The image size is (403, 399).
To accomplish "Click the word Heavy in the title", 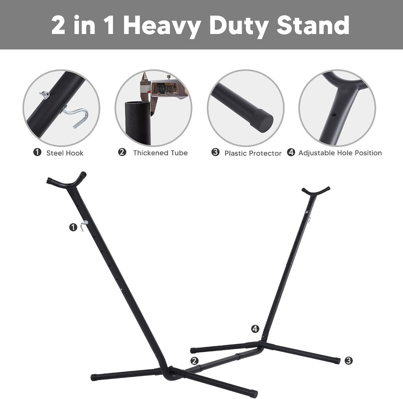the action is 162,26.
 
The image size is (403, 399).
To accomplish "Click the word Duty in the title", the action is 238,26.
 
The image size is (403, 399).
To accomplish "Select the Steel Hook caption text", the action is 65,153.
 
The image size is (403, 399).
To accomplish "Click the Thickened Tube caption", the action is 161,153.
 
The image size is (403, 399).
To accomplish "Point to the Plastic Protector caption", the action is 253,153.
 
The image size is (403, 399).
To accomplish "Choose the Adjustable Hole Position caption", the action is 340,153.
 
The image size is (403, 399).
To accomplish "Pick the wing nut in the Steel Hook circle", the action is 45,95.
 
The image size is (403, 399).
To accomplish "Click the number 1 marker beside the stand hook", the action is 73,227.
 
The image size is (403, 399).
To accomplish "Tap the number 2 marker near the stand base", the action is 194,361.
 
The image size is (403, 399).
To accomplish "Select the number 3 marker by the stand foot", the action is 349,360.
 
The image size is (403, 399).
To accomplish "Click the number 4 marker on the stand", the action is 255,329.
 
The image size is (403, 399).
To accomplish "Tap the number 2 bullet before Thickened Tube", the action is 122,152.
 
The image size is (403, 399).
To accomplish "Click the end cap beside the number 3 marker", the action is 337,361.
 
